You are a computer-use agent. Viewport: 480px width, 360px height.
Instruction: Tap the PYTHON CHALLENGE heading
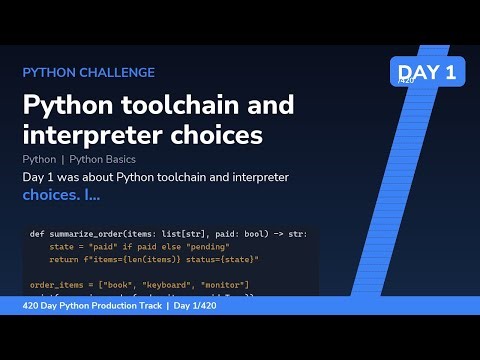88,72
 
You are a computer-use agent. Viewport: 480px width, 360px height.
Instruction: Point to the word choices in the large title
212,133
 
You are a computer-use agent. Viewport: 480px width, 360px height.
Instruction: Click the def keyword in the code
36,234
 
